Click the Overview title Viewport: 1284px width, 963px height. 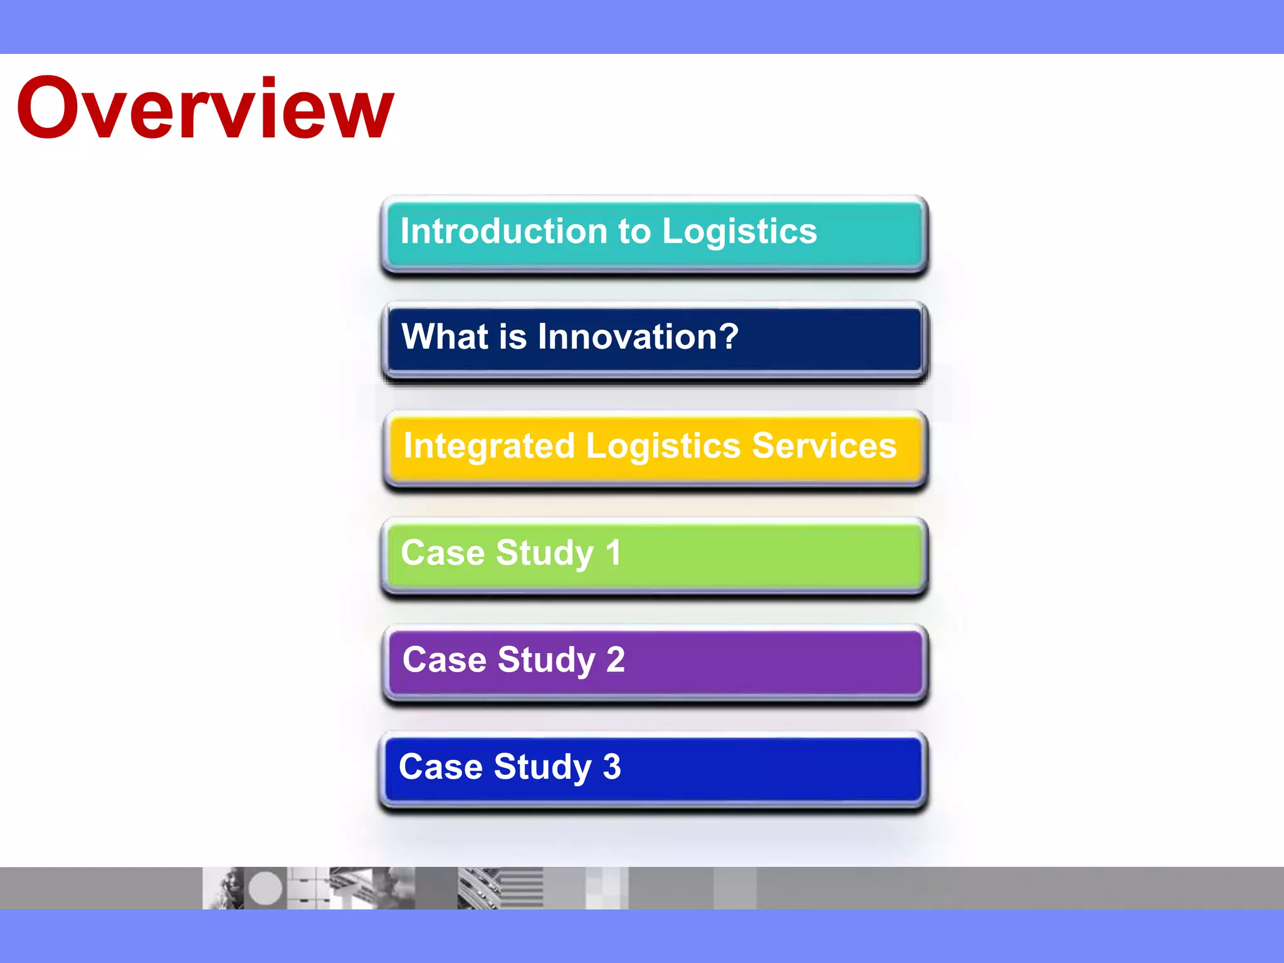click(x=205, y=108)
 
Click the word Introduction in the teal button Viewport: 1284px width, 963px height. click(x=504, y=231)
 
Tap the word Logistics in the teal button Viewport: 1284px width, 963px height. click(x=740, y=231)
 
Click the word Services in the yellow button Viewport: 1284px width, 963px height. click(x=824, y=446)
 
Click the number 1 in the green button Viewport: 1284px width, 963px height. click(x=613, y=553)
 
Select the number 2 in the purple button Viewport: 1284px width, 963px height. click(x=615, y=660)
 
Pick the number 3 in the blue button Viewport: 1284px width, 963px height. click(x=611, y=767)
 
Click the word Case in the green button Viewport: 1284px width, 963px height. click(x=443, y=553)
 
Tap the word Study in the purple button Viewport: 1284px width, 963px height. click(x=546, y=660)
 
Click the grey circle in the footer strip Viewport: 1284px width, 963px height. click(x=265, y=888)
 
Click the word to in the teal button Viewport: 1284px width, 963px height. click(x=634, y=231)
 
